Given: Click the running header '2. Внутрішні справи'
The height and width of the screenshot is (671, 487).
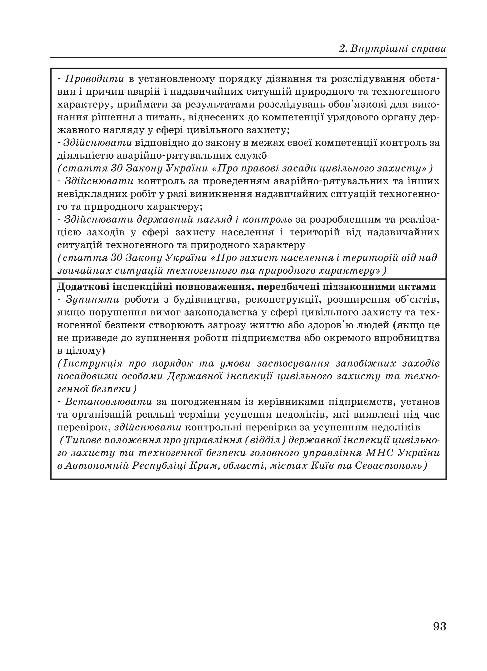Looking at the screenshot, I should pyautogui.click(x=393, y=49).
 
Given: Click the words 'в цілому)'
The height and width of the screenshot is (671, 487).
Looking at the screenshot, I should pyautogui.click(x=81, y=351).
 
